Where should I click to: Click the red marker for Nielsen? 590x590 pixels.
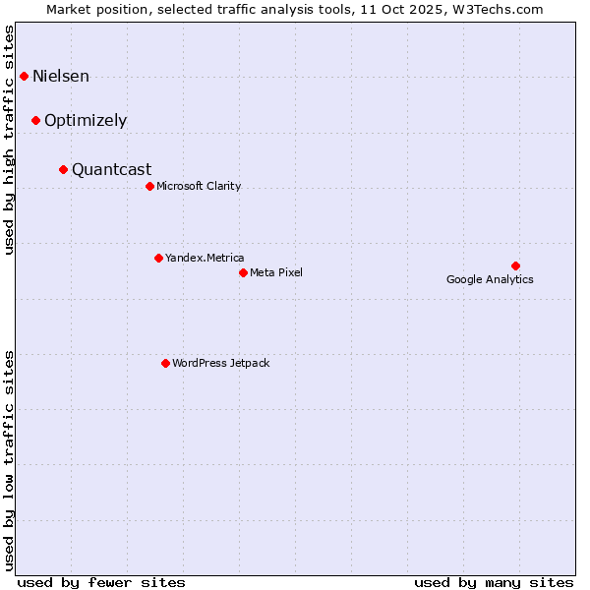click(x=24, y=76)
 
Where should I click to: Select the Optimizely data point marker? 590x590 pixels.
click(x=35, y=120)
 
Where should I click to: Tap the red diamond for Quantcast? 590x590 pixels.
click(x=63, y=169)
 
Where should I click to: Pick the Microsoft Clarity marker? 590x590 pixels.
click(x=149, y=186)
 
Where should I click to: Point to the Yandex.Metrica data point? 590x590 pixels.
click(x=158, y=258)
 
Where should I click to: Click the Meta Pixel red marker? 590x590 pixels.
click(x=243, y=272)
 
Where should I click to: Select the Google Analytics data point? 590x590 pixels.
click(x=515, y=265)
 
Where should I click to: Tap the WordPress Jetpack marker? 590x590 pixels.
click(x=165, y=363)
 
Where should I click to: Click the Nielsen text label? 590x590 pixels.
click(x=61, y=76)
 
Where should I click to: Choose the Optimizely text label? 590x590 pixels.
click(x=86, y=121)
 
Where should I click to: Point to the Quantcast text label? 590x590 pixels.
click(x=111, y=169)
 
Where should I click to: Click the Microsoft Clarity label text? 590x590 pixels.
click(x=199, y=186)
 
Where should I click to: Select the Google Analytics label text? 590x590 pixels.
click(x=490, y=279)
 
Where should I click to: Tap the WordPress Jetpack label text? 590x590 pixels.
click(x=220, y=363)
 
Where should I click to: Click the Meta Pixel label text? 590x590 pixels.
click(x=276, y=272)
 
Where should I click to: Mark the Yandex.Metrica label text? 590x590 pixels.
click(x=205, y=258)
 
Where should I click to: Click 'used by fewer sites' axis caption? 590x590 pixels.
click(x=101, y=582)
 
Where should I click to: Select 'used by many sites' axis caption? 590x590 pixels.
click(x=494, y=582)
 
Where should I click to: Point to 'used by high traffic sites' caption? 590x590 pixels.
click(x=10, y=140)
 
